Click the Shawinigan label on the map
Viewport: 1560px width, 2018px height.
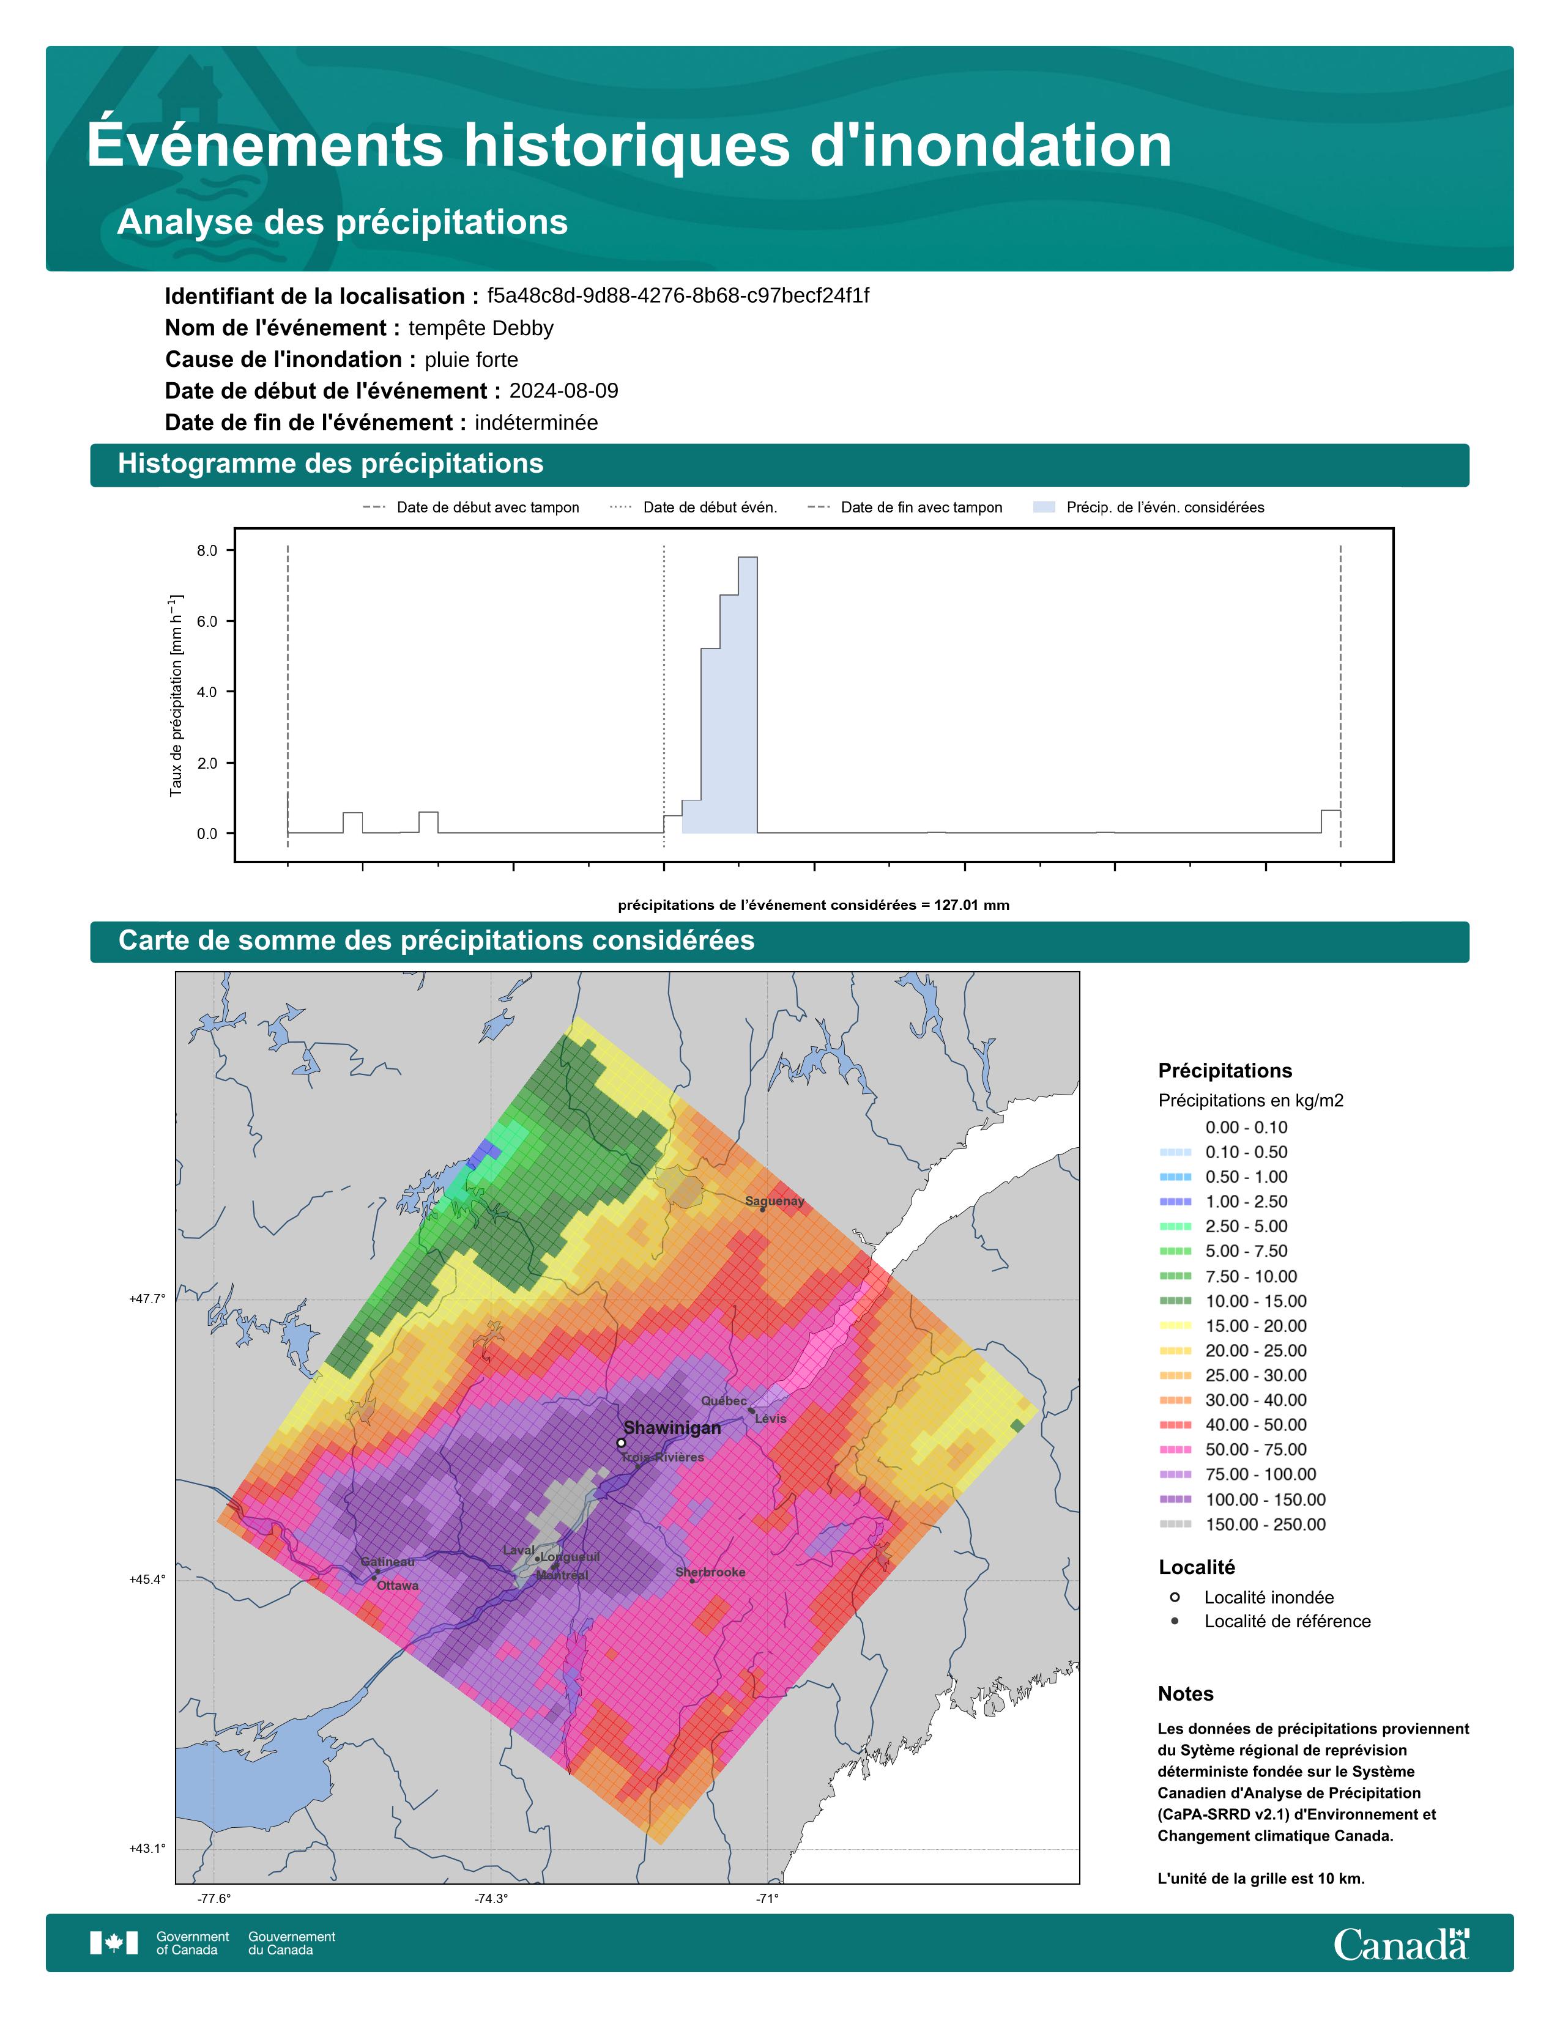pyautogui.click(x=672, y=1427)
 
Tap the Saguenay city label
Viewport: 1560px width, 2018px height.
pyautogui.click(x=774, y=1201)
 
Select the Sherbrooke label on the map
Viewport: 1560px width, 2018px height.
pyautogui.click(x=710, y=1572)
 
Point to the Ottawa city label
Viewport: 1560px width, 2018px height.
pyautogui.click(x=398, y=1586)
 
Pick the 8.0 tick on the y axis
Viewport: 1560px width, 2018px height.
pyautogui.click(x=207, y=551)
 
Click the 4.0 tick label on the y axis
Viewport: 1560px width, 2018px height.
pyautogui.click(x=207, y=692)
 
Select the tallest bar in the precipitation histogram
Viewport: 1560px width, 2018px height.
pyautogui.click(x=748, y=695)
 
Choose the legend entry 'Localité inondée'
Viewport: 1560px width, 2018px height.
pyautogui.click(x=1268, y=1597)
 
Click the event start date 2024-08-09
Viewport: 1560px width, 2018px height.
pyautogui.click(x=564, y=391)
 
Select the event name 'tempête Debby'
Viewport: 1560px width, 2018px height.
pyautogui.click(x=481, y=328)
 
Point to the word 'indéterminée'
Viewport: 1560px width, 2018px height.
pyautogui.click(x=536, y=423)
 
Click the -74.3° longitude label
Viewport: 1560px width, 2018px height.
pyautogui.click(x=492, y=1899)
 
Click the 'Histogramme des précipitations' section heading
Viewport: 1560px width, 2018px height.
pyautogui.click(x=331, y=464)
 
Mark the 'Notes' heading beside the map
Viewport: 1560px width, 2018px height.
pyautogui.click(x=1186, y=1694)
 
